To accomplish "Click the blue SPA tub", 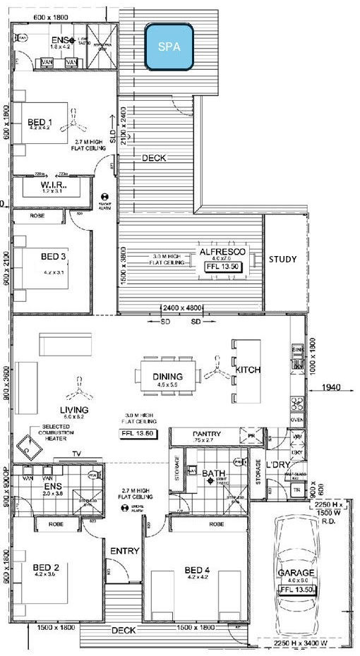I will click(169, 47).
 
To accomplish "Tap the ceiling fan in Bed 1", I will click(73, 127).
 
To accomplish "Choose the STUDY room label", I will click(282, 259).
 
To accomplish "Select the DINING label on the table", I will click(167, 376).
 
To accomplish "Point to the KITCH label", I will click(248, 370).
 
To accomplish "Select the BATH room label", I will click(212, 473).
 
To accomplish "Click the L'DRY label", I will click(277, 466).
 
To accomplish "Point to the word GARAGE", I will click(296, 573).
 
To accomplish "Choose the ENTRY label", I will click(124, 550).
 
